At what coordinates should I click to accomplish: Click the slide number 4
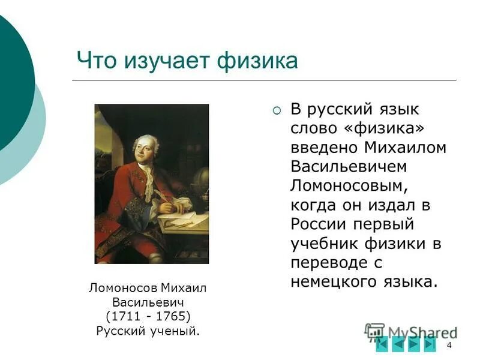click(x=449, y=344)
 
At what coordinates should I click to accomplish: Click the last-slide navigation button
click(x=430, y=344)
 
